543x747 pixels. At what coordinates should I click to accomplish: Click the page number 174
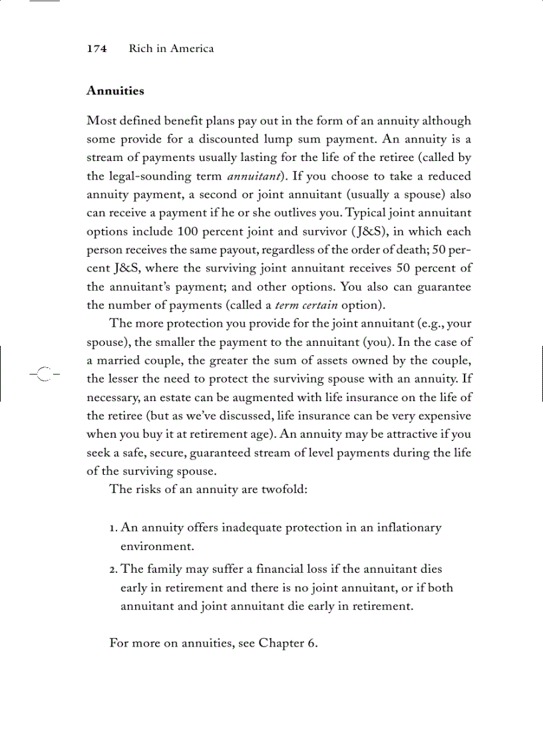96,49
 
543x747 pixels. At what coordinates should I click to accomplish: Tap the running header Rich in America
171,49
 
